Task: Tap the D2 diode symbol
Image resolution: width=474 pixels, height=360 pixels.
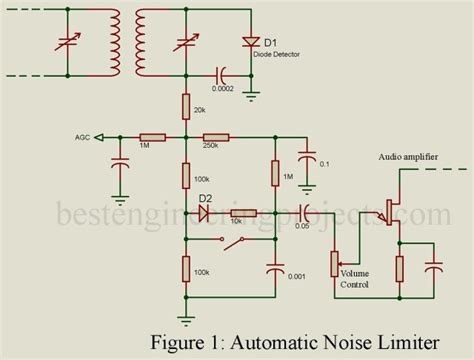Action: tap(207, 213)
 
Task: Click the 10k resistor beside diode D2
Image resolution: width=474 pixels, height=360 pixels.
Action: tap(242, 213)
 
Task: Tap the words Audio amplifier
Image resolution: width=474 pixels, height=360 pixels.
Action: tap(411, 156)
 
